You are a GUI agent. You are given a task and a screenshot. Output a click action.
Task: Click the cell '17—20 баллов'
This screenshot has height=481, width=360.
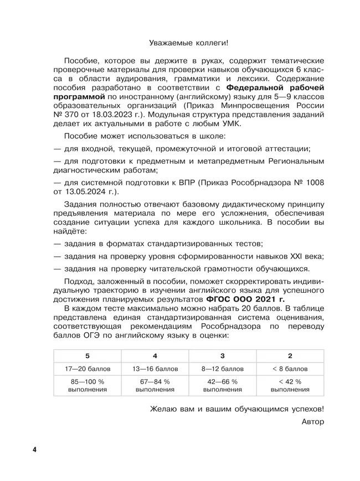pyautogui.click(x=87, y=369)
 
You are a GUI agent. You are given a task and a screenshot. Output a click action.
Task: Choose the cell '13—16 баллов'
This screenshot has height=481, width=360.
pyautogui.click(x=155, y=369)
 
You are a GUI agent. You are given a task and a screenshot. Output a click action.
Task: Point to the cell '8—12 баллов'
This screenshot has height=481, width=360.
pyautogui.click(x=222, y=369)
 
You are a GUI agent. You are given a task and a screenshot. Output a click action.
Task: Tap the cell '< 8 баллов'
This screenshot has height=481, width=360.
pyautogui.click(x=290, y=369)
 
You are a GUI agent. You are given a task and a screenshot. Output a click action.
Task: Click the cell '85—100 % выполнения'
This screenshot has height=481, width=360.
pyautogui.click(x=87, y=386)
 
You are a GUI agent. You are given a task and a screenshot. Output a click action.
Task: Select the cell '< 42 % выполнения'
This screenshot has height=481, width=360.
pyautogui.click(x=290, y=386)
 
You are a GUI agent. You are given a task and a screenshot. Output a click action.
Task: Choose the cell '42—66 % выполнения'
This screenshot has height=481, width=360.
pyautogui.click(x=222, y=386)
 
